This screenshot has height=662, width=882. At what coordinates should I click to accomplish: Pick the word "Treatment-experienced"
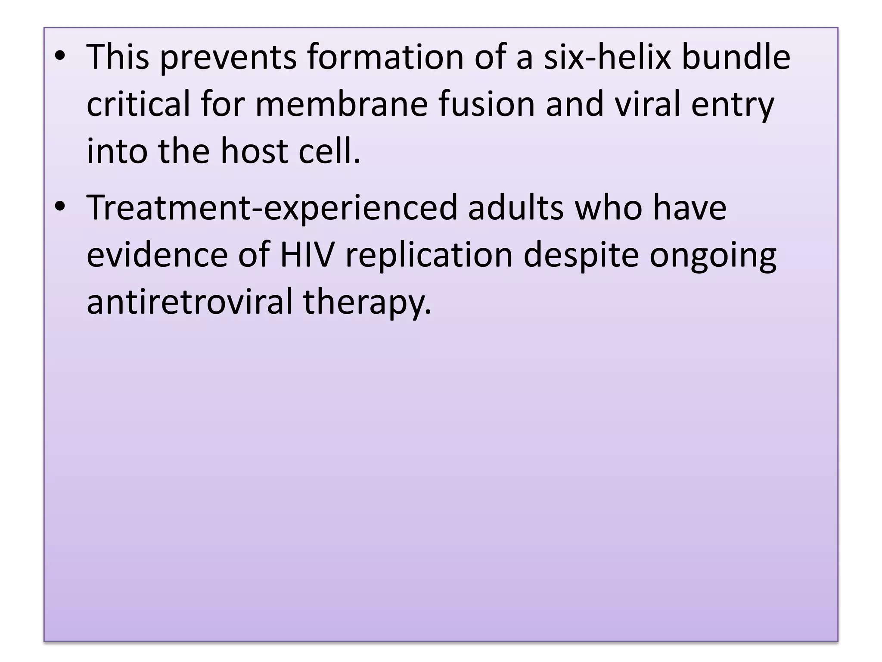(x=272, y=209)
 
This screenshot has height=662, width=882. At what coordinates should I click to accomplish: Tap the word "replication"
(x=429, y=256)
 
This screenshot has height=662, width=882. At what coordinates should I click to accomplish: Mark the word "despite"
(x=581, y=256)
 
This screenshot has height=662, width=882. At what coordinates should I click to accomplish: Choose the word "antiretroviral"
(x=189, y=302)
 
